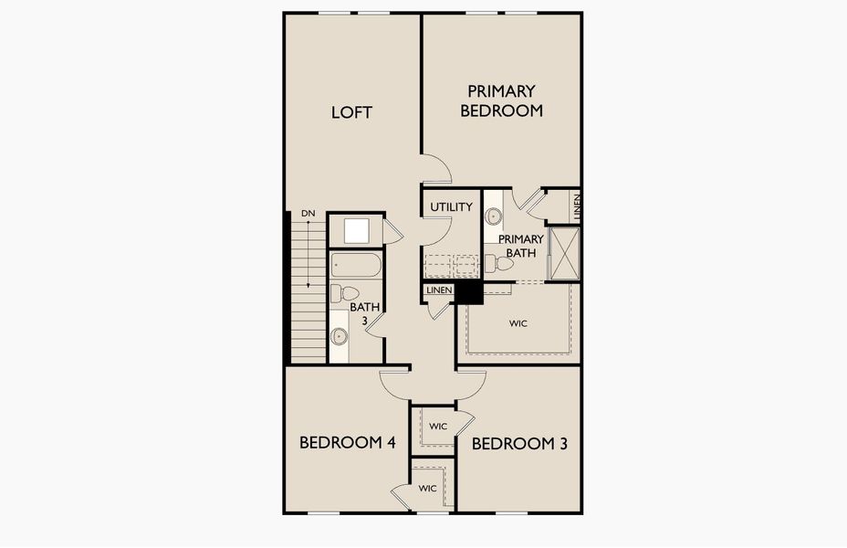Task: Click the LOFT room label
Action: tap(351, 112)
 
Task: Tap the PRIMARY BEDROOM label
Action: tap(501, 101)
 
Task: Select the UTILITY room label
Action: tap(451, 207)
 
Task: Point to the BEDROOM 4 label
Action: tap(348, 443)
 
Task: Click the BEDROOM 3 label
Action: tap(519, 444)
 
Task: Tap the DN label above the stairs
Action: tap(308, 214)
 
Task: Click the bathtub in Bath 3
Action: tap(356, 265)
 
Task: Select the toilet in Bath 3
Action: tap(345, 293)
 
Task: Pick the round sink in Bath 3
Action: tap(340, 336)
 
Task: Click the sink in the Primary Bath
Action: tap(493, 216)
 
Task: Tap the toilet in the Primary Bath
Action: tap(498, 264)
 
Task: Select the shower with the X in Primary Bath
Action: tap(564, 254)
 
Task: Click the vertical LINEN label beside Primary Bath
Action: tap(577, 205)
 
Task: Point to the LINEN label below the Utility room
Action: tap(439, 290)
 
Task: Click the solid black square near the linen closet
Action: tap(469, 293)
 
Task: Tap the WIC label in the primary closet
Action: tap(518, 323)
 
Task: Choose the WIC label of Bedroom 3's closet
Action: tap(438, 427)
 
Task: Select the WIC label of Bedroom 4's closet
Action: tap(427, 489)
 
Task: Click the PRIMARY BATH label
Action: tap(521, 246)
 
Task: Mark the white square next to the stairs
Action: tap(357, 231)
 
